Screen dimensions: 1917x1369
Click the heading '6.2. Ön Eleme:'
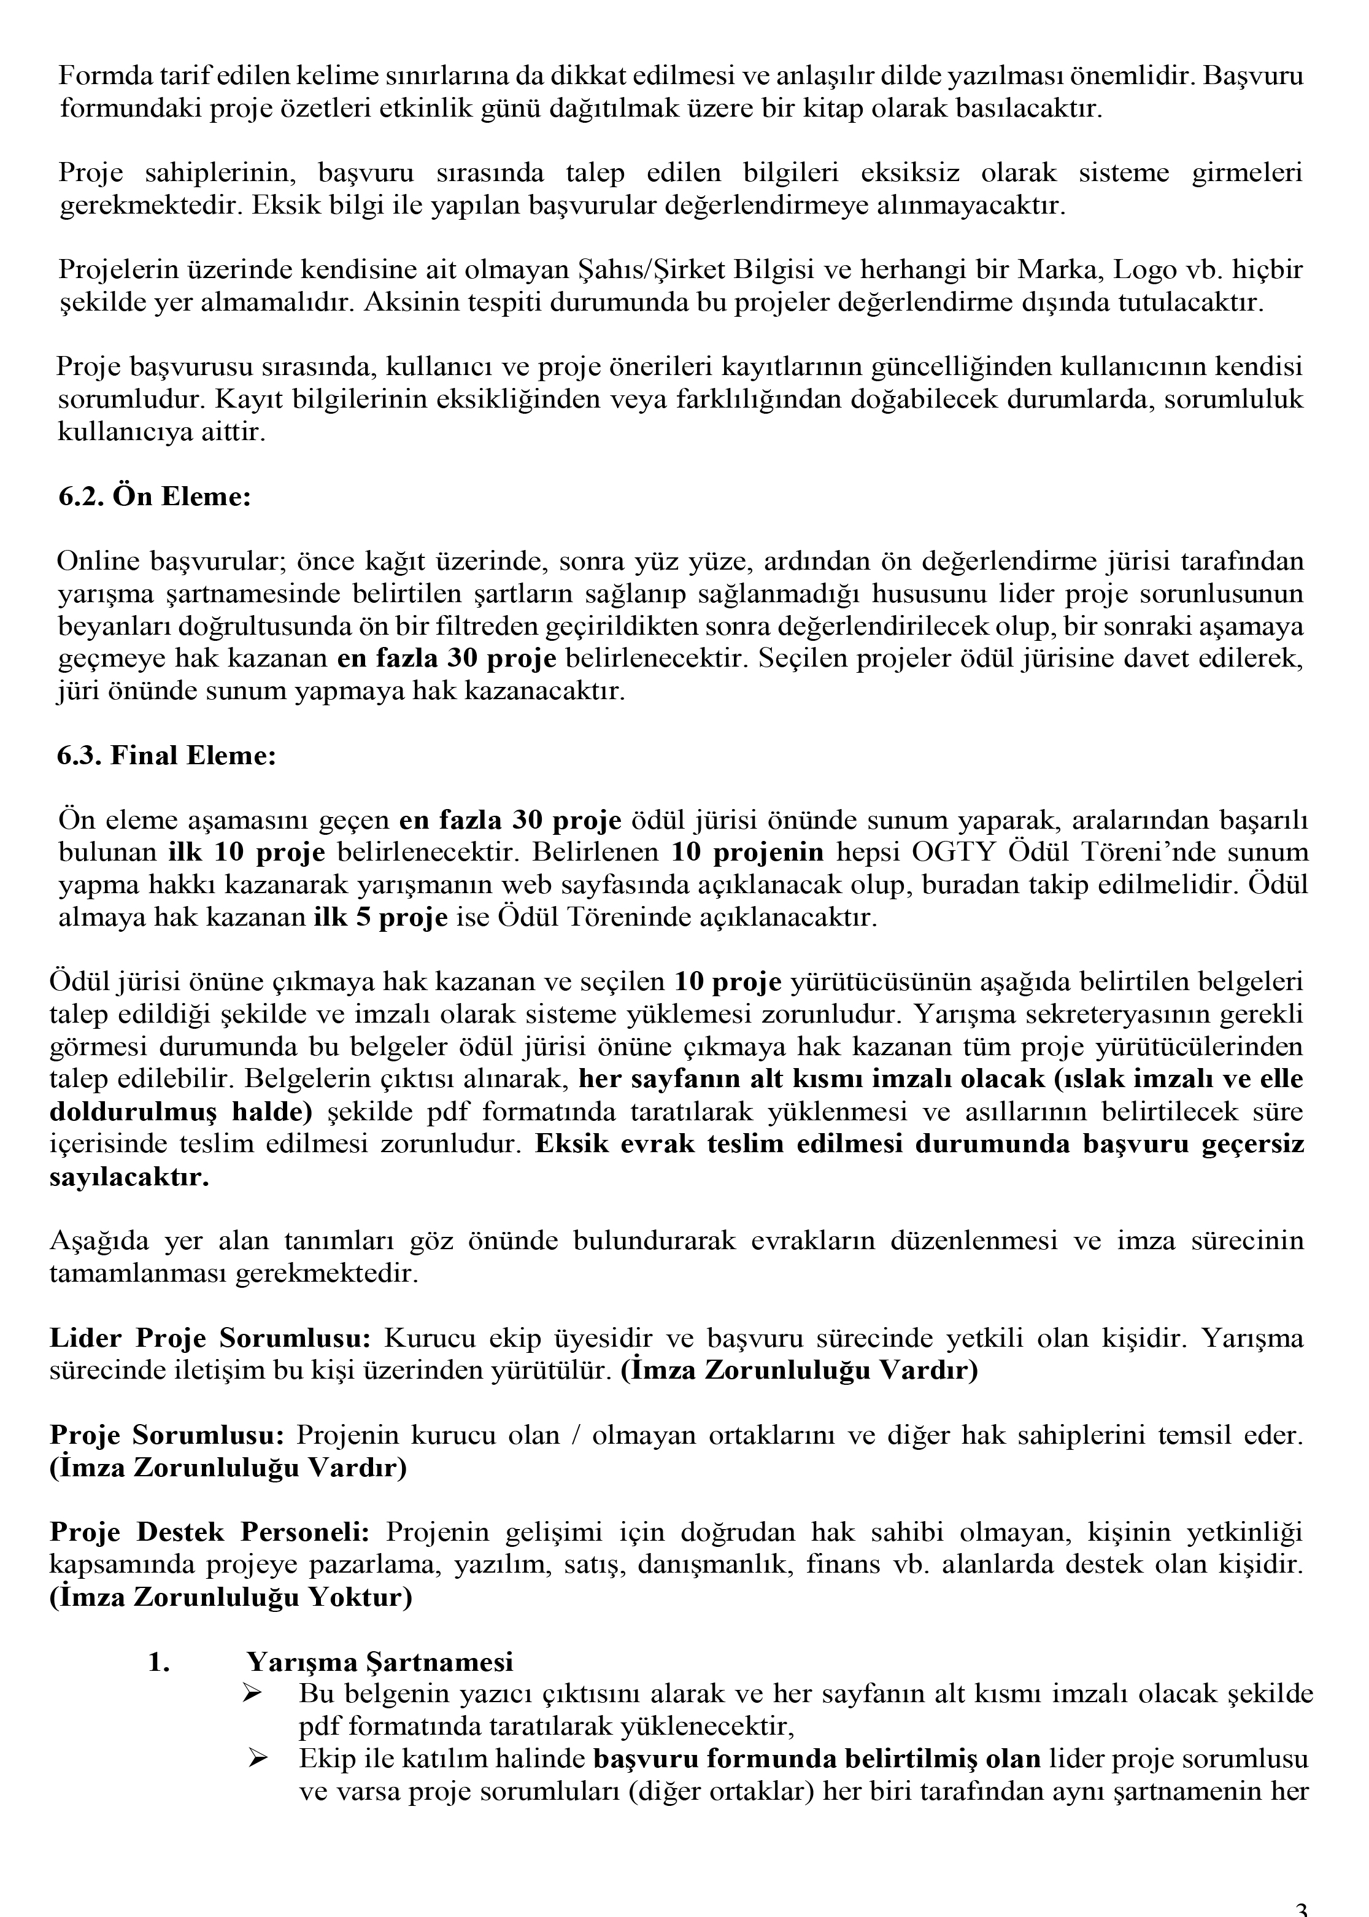[154, 497]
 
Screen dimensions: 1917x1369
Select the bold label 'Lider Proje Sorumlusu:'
[210, 1338]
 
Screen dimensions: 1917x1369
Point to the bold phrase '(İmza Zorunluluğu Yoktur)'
[231, 1597]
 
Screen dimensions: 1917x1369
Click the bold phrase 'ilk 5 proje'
[380, 917]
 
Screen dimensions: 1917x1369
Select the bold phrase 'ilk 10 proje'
[246, 852]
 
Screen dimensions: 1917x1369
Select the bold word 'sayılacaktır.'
[129, 1177]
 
